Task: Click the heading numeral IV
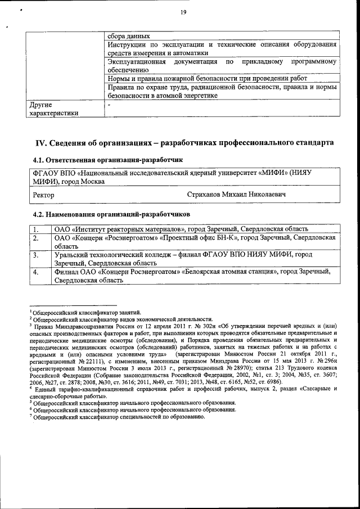(x=41, y=142)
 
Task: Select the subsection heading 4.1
(x=38, y=160)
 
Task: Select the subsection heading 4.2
(x=38, y=214)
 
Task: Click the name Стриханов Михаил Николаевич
(x=236, y=194)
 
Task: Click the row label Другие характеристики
(x=53, y=109)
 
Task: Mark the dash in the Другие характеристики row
(x=109, y=105)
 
